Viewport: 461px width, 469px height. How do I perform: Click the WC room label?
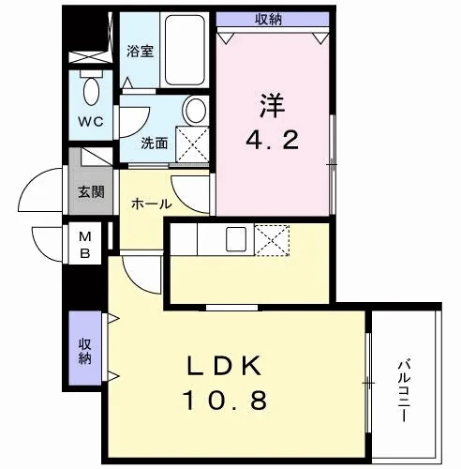tap(91, 121)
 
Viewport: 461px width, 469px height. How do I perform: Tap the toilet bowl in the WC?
tap(91, 91)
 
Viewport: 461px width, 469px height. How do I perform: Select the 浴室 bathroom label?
tap(141, 52)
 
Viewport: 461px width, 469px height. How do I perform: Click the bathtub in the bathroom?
tap(185, 50)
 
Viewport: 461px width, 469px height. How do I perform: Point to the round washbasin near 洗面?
tap(196, 110)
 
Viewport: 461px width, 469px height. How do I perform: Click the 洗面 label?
tap(155, 144)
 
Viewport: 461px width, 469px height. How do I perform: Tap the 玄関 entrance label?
tap(91, 191)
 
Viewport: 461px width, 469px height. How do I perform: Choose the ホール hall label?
tap(152, 204)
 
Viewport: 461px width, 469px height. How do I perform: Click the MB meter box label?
tap(85, 245)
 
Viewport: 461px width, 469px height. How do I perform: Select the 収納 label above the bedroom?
tap(269, 20)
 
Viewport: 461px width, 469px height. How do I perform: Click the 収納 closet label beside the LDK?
tap(84, 352)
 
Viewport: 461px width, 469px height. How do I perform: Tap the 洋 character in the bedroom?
tap(273, 105)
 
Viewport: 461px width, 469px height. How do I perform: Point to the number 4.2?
tap(273, 141)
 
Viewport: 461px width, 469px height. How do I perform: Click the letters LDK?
tap(224, 366)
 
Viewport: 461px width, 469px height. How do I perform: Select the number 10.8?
tap(225, 401)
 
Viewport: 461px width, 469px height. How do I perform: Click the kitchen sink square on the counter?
tap(236, 239)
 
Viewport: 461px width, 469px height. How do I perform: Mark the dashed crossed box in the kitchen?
tap(272, 240)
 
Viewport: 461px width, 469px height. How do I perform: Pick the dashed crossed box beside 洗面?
tap(192, 144)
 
